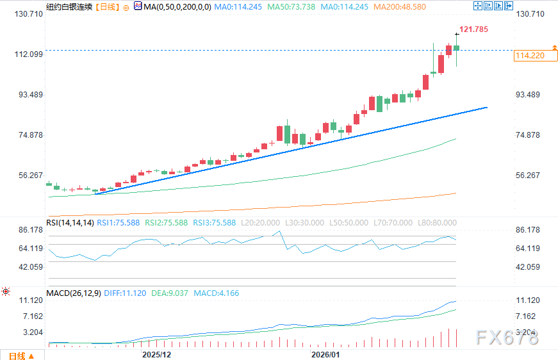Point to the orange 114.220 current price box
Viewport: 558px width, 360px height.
click(x=529, y=56)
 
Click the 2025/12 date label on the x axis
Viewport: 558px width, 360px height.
click(x=156, y=354)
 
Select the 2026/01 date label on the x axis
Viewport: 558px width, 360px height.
click(x=325, y=354)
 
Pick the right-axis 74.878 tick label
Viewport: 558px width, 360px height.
click(x=528, y=135)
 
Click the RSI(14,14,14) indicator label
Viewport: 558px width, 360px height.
click(x=70, y=222)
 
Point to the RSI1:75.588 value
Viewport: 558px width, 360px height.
click(x=122, y=222)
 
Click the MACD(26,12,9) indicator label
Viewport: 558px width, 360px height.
click(x=73, y=293)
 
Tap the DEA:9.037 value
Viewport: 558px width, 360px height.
click(x=170, y=293)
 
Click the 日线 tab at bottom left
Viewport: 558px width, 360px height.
click(x=17, y=355)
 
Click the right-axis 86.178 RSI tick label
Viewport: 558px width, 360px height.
click(x=528, y=229)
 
